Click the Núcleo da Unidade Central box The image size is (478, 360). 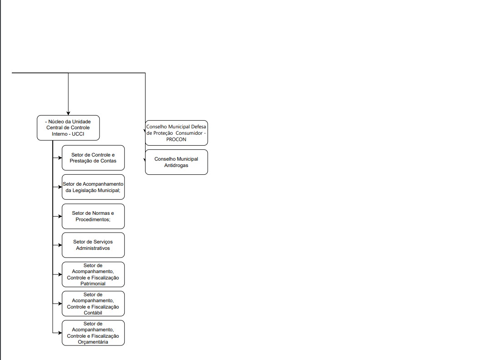click(68, 128)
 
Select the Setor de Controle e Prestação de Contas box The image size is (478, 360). click(93, 158)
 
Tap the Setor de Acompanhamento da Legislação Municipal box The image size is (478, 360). click(93, 187)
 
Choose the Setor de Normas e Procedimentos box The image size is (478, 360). click(93, 216)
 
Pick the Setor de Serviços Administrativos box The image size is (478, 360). click(93, 245)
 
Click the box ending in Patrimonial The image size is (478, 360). click(93, 274)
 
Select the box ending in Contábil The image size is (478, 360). click(93, 304)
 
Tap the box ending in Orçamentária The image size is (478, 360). click(93, 333)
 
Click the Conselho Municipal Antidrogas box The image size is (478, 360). click(176, 162)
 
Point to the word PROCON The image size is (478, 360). click(176, 139)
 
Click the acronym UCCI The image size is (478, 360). click(78, 134)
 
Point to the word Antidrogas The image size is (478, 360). click(176, 165)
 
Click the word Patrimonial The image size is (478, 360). click(93, 284)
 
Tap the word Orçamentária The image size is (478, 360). click(93, 342)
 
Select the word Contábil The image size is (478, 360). click(93, 313)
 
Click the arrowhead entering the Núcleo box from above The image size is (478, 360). click(68, 113)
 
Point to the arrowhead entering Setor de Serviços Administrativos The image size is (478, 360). click(60, 245)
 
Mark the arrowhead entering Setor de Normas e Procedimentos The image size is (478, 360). click(60, 216)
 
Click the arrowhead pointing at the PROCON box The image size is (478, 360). click(145, 131)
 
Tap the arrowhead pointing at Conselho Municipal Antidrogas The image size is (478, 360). click(145, 160)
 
